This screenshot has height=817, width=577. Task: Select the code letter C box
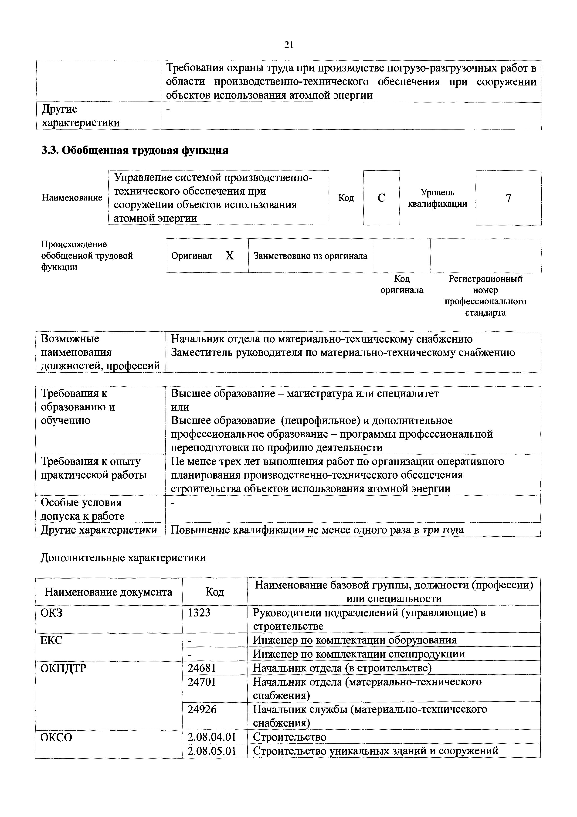[x=381, y=198]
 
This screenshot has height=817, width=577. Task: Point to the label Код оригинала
[x=402, y=284]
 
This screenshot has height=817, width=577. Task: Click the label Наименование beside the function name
[x=72, y=197]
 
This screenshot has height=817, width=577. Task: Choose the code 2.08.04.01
[x=212, y=737]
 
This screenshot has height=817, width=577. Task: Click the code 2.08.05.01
[x=212, y=751]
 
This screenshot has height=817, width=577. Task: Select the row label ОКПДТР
[x=63, y=668]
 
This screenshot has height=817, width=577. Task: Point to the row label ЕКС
[x=52, y=640]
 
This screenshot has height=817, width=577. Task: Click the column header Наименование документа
[x=109, y=592]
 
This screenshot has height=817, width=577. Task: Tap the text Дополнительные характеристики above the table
[x=123, y=558]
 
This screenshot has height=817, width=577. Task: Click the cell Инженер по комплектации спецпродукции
[x=359, y=654]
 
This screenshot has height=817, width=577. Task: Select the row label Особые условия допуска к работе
[x=82, y=509]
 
